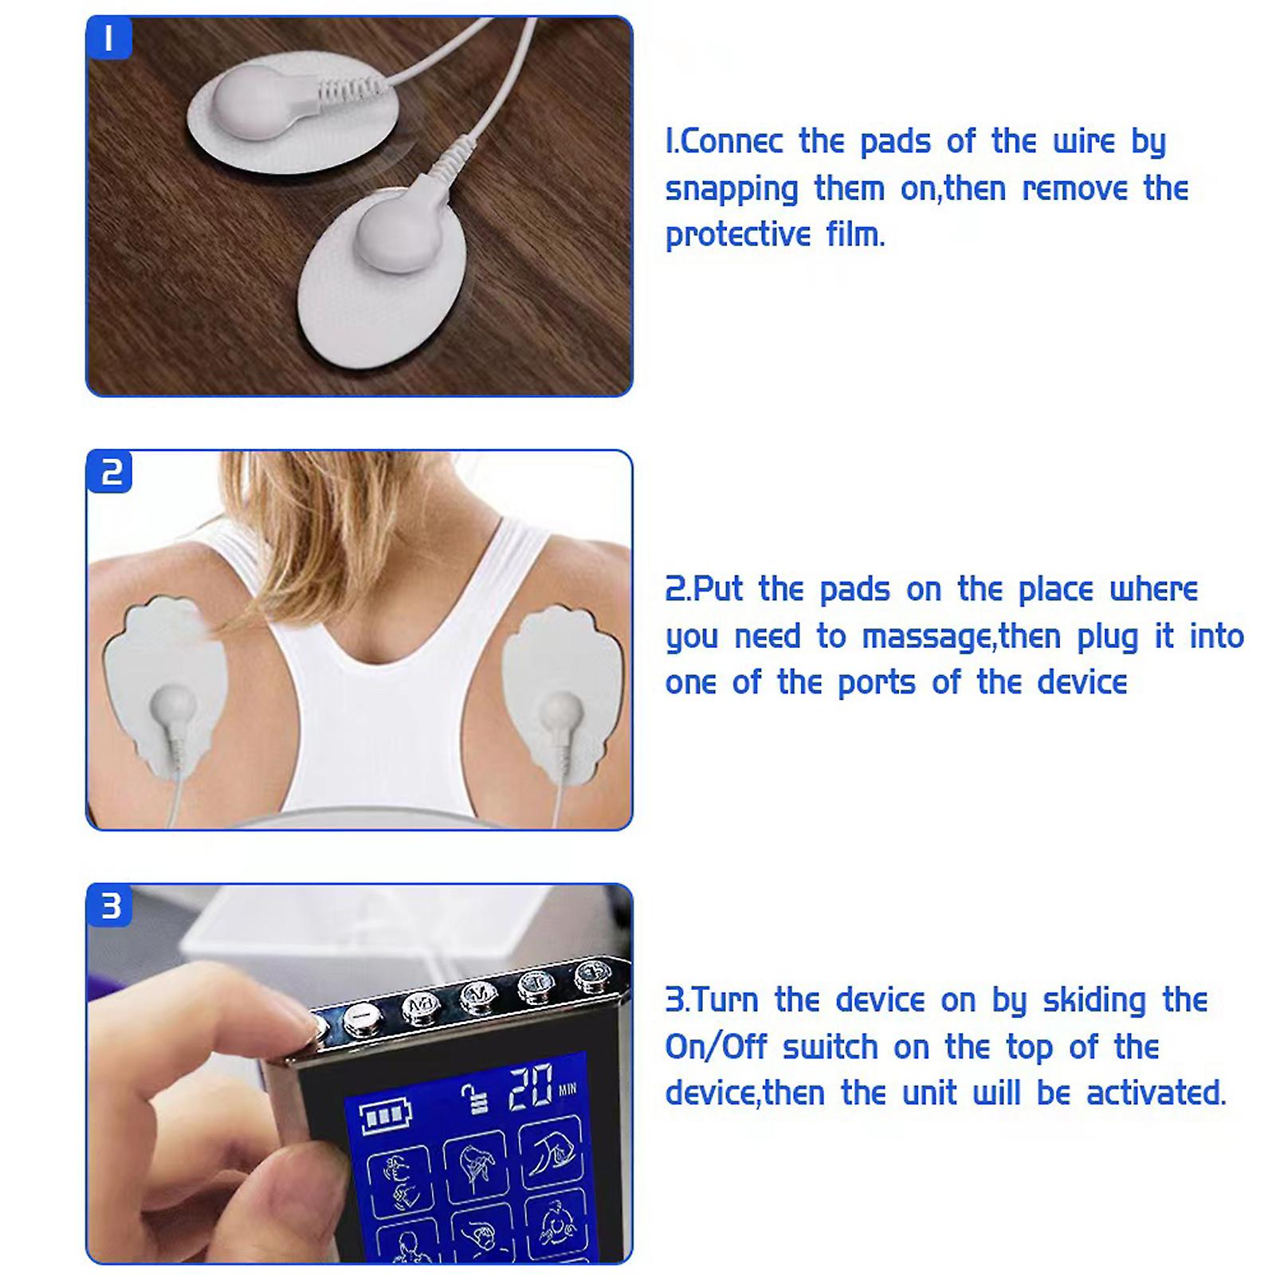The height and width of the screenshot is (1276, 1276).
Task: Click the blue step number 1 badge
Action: click(109, 37)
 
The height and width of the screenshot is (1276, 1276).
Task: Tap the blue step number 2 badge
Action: click(110, 472)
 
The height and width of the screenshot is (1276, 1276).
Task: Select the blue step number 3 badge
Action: click(110, 906)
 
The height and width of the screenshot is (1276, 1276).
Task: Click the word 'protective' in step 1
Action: click(738, 236)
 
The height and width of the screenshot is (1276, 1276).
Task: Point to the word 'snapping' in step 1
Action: click(732, 190)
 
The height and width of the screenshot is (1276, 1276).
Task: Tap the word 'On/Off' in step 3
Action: click(716, 1047)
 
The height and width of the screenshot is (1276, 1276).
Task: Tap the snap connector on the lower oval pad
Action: click(395, 234)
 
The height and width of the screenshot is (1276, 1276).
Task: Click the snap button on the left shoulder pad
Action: click(172, 705)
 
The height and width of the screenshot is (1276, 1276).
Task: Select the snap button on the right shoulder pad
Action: click(559, 707)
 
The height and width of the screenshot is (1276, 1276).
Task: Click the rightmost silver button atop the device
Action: click(591, 973)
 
